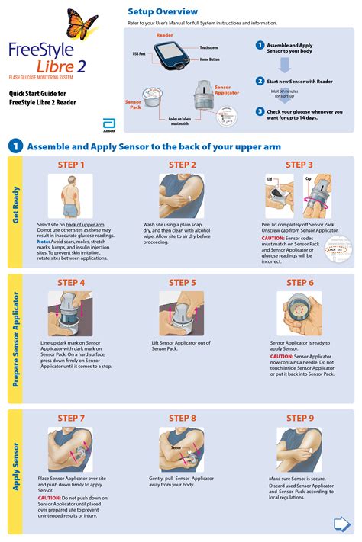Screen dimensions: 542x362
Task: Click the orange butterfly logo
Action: (x=82, y=22)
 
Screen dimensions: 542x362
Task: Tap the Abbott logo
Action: (x=108, y=125)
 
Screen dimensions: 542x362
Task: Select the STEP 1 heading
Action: (x=71, y=165)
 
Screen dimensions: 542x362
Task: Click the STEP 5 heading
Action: (x=183, y=283)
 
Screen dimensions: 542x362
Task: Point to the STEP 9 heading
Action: (x=300, y=419)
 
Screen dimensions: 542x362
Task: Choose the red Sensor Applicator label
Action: (x=227, y=90)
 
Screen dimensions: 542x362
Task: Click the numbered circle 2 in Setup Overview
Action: (x=260, y=80)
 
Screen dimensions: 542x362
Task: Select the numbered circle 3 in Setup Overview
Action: (x=260, y=111)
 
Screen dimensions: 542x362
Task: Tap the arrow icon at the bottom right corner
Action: (x=342, y=524)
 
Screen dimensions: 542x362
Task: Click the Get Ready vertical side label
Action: (x=15, y=205)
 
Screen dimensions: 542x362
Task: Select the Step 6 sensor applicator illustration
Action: (x=299, y=313)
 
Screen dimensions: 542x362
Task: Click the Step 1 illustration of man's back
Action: (x=70, y=195)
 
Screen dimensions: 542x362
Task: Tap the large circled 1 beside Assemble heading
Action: (x=15, y=146)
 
